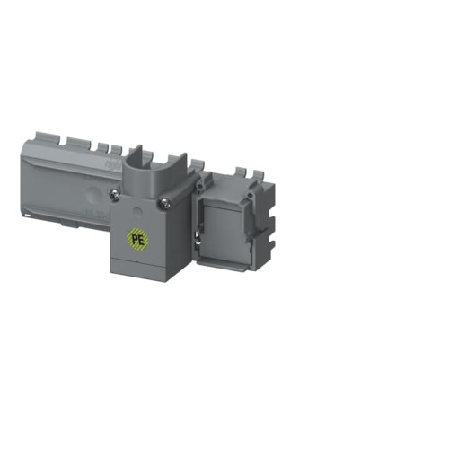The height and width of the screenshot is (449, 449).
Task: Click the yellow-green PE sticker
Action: pyautogui.click(x=137, y=240)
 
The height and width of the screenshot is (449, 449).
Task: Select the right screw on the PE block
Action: pyautogui.click(x=164, y=204)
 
